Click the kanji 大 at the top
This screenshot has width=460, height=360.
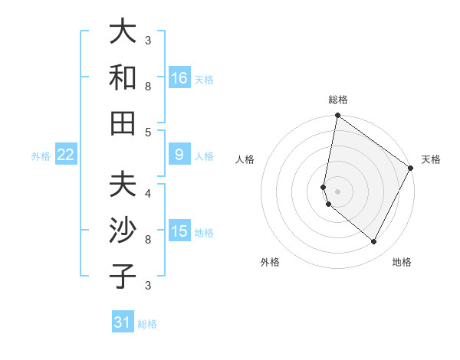[x=123, y=32]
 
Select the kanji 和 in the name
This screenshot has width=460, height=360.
[x=123, y=77]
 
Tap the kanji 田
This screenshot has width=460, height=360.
[x=123, y=123]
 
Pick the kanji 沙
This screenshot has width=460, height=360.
[x=123, y=231]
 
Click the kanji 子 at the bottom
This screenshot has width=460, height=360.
[x=123, y=276]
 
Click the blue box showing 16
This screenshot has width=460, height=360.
[x=179, y=78]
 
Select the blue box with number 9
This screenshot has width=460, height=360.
[x=179, y=155]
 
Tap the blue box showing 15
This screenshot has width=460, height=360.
[x=179, y=231]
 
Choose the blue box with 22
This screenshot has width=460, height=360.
[x=66, y=155]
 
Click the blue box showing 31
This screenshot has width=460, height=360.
[x=123, y=322]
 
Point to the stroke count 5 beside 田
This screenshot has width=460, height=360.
[x=148, y=132]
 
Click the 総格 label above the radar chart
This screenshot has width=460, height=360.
[x=338, y=100]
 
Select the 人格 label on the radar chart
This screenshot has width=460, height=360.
[x=245, y=159]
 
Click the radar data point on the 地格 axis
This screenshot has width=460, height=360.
[x=374, y=242]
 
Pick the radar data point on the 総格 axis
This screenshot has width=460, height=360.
[x=337, y=116]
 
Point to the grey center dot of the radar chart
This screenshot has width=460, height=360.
[x=337, y=191]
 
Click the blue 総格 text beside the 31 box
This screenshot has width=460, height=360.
[x=147, y=324]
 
